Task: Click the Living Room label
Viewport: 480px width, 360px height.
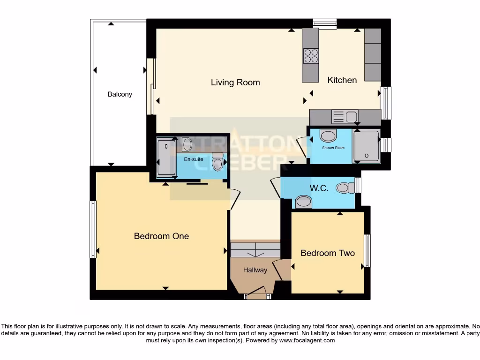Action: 235,82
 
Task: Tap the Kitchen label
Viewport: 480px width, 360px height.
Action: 342,80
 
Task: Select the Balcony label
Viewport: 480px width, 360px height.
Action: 120,94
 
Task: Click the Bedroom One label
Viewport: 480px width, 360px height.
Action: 161,236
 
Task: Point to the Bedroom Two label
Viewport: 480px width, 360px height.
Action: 327,253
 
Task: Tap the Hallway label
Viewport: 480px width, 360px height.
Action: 255,270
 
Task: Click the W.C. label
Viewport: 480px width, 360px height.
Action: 318,188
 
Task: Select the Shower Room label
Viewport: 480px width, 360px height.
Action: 333,148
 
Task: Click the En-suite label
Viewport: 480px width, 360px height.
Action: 193,159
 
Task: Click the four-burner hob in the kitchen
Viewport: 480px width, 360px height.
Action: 310,56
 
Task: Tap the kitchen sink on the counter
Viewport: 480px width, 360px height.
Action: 345,116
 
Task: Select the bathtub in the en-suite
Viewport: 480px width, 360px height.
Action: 166,157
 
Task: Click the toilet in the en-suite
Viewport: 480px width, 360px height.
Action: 217,162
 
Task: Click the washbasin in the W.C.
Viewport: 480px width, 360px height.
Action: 304,202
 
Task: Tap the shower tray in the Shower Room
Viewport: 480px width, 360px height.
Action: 366,146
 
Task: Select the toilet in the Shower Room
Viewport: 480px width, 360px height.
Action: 328,135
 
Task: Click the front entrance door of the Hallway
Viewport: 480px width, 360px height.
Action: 256,296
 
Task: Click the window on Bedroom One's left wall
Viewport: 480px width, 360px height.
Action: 93,229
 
